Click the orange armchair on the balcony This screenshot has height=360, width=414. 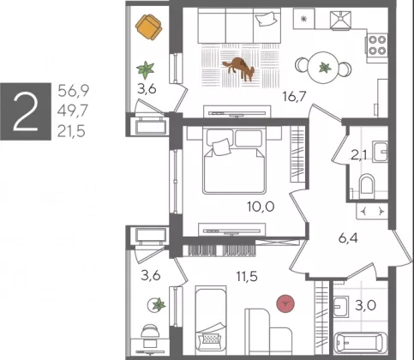[148, 27]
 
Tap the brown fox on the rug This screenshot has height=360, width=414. [238, 69]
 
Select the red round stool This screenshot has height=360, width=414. [285, 303]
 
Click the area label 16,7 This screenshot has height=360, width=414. [294, 96]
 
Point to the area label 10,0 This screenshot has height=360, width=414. [261, 207]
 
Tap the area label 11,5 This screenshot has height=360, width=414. [247, 276]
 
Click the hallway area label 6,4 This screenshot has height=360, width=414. [348, 238]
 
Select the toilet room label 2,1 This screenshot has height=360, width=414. [359, 156]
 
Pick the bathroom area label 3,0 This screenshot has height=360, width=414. [366, 305]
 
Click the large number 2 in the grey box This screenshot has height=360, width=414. [26, 111]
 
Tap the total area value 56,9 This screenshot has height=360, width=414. [74, 91]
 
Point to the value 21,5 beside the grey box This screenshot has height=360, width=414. [71, 132]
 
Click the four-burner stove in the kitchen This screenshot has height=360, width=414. [377, 45]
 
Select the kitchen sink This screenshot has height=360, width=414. [341, 20]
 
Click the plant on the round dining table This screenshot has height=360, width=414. [325, 68]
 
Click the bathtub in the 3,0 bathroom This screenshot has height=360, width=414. [361, 345]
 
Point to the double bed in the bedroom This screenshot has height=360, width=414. [234, 161]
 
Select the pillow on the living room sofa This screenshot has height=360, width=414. [267, 19]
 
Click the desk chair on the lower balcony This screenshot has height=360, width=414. [150, 332]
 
